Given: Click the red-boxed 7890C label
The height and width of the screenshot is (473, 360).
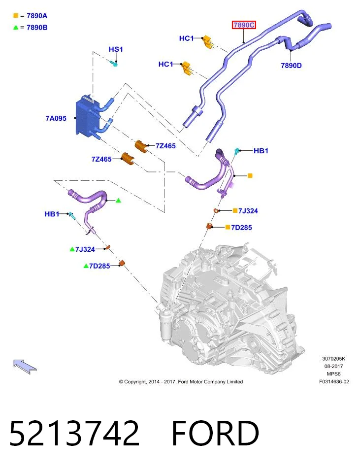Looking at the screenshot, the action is pyautogui.click(x=244, y=25).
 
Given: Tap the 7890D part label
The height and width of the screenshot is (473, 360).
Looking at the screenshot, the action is pyautogui.click(x=291, y=66).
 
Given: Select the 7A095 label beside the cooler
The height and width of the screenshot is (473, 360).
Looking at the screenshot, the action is pyautogui.click(x=56, y=118).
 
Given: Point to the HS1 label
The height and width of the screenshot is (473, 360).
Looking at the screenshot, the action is pyautogui.click(x=116, y=49).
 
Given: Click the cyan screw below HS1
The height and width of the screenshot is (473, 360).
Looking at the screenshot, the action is pyautogui.click(x=113, y=64).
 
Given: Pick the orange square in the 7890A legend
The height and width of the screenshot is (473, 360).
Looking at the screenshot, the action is pyautogui.click(x=16, y=15).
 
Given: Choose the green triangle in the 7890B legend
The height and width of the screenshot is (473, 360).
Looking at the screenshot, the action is pyautogui.click(x=16, y=28).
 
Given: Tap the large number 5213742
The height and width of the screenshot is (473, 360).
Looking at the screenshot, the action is pyautogui.click(x=74, y=433).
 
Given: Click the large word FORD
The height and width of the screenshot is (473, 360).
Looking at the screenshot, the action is pyautogui.click(x=215, y=433).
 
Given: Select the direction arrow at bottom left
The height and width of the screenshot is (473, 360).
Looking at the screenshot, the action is pyautogui.click(x=25, y=366).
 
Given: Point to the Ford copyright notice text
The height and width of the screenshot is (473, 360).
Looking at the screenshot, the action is pyautogui.click(x=181, y=381).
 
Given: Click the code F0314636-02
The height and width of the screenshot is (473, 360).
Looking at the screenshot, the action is pyautogui.click(x=334, y=381).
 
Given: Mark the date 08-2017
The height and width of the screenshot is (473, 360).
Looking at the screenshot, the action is pyautogui.click(x=333, y=366).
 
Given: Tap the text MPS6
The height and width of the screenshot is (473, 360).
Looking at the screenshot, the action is pyautogui.click(x=333, y=374).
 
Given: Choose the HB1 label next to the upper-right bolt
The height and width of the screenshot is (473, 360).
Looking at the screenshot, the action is pyautogui.click(x=261, y=151).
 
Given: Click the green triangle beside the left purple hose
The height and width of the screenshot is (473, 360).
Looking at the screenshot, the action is pyautogui.click(x=118, y=201).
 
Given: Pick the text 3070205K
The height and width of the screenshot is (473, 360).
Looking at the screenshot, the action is pyautogui.click(x=334, y=359).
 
